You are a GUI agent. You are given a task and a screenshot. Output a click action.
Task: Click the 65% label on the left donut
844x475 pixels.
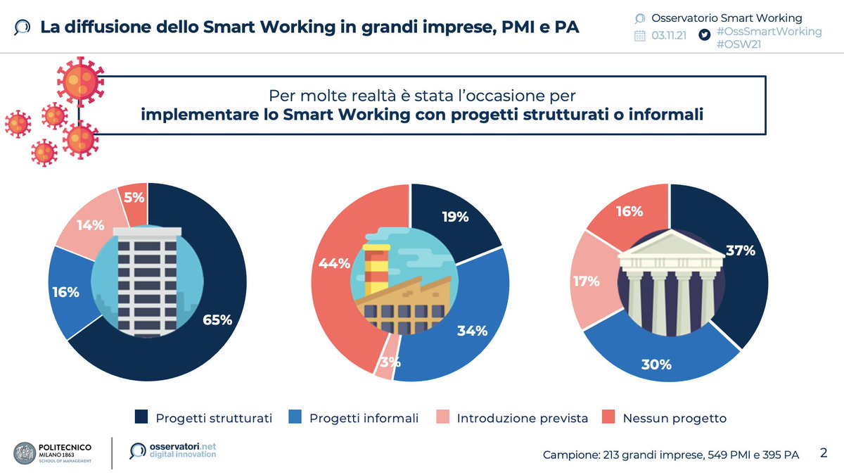(x=218, y=320)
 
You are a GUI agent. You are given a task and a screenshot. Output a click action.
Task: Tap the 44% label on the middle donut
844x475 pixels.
(x=334, y=264)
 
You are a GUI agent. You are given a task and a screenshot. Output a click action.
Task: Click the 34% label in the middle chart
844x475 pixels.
(x=472, y=331)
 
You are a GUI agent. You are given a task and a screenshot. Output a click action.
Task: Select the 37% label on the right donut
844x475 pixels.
(x=740, y=251)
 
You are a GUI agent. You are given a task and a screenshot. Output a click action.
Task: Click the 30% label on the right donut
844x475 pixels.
(x=656, y=365)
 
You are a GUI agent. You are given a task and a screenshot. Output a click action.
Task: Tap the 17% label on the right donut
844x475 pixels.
(x=586, y=281)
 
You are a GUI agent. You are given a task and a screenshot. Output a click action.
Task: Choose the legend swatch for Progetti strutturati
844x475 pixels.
(x=141, y=418)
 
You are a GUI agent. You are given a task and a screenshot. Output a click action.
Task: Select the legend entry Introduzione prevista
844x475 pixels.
(x=522, y=418)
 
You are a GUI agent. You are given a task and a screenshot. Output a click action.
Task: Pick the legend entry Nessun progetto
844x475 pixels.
(x=674, y=418)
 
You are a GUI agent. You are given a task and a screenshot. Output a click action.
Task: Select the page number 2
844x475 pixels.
(x=824, y=453)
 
